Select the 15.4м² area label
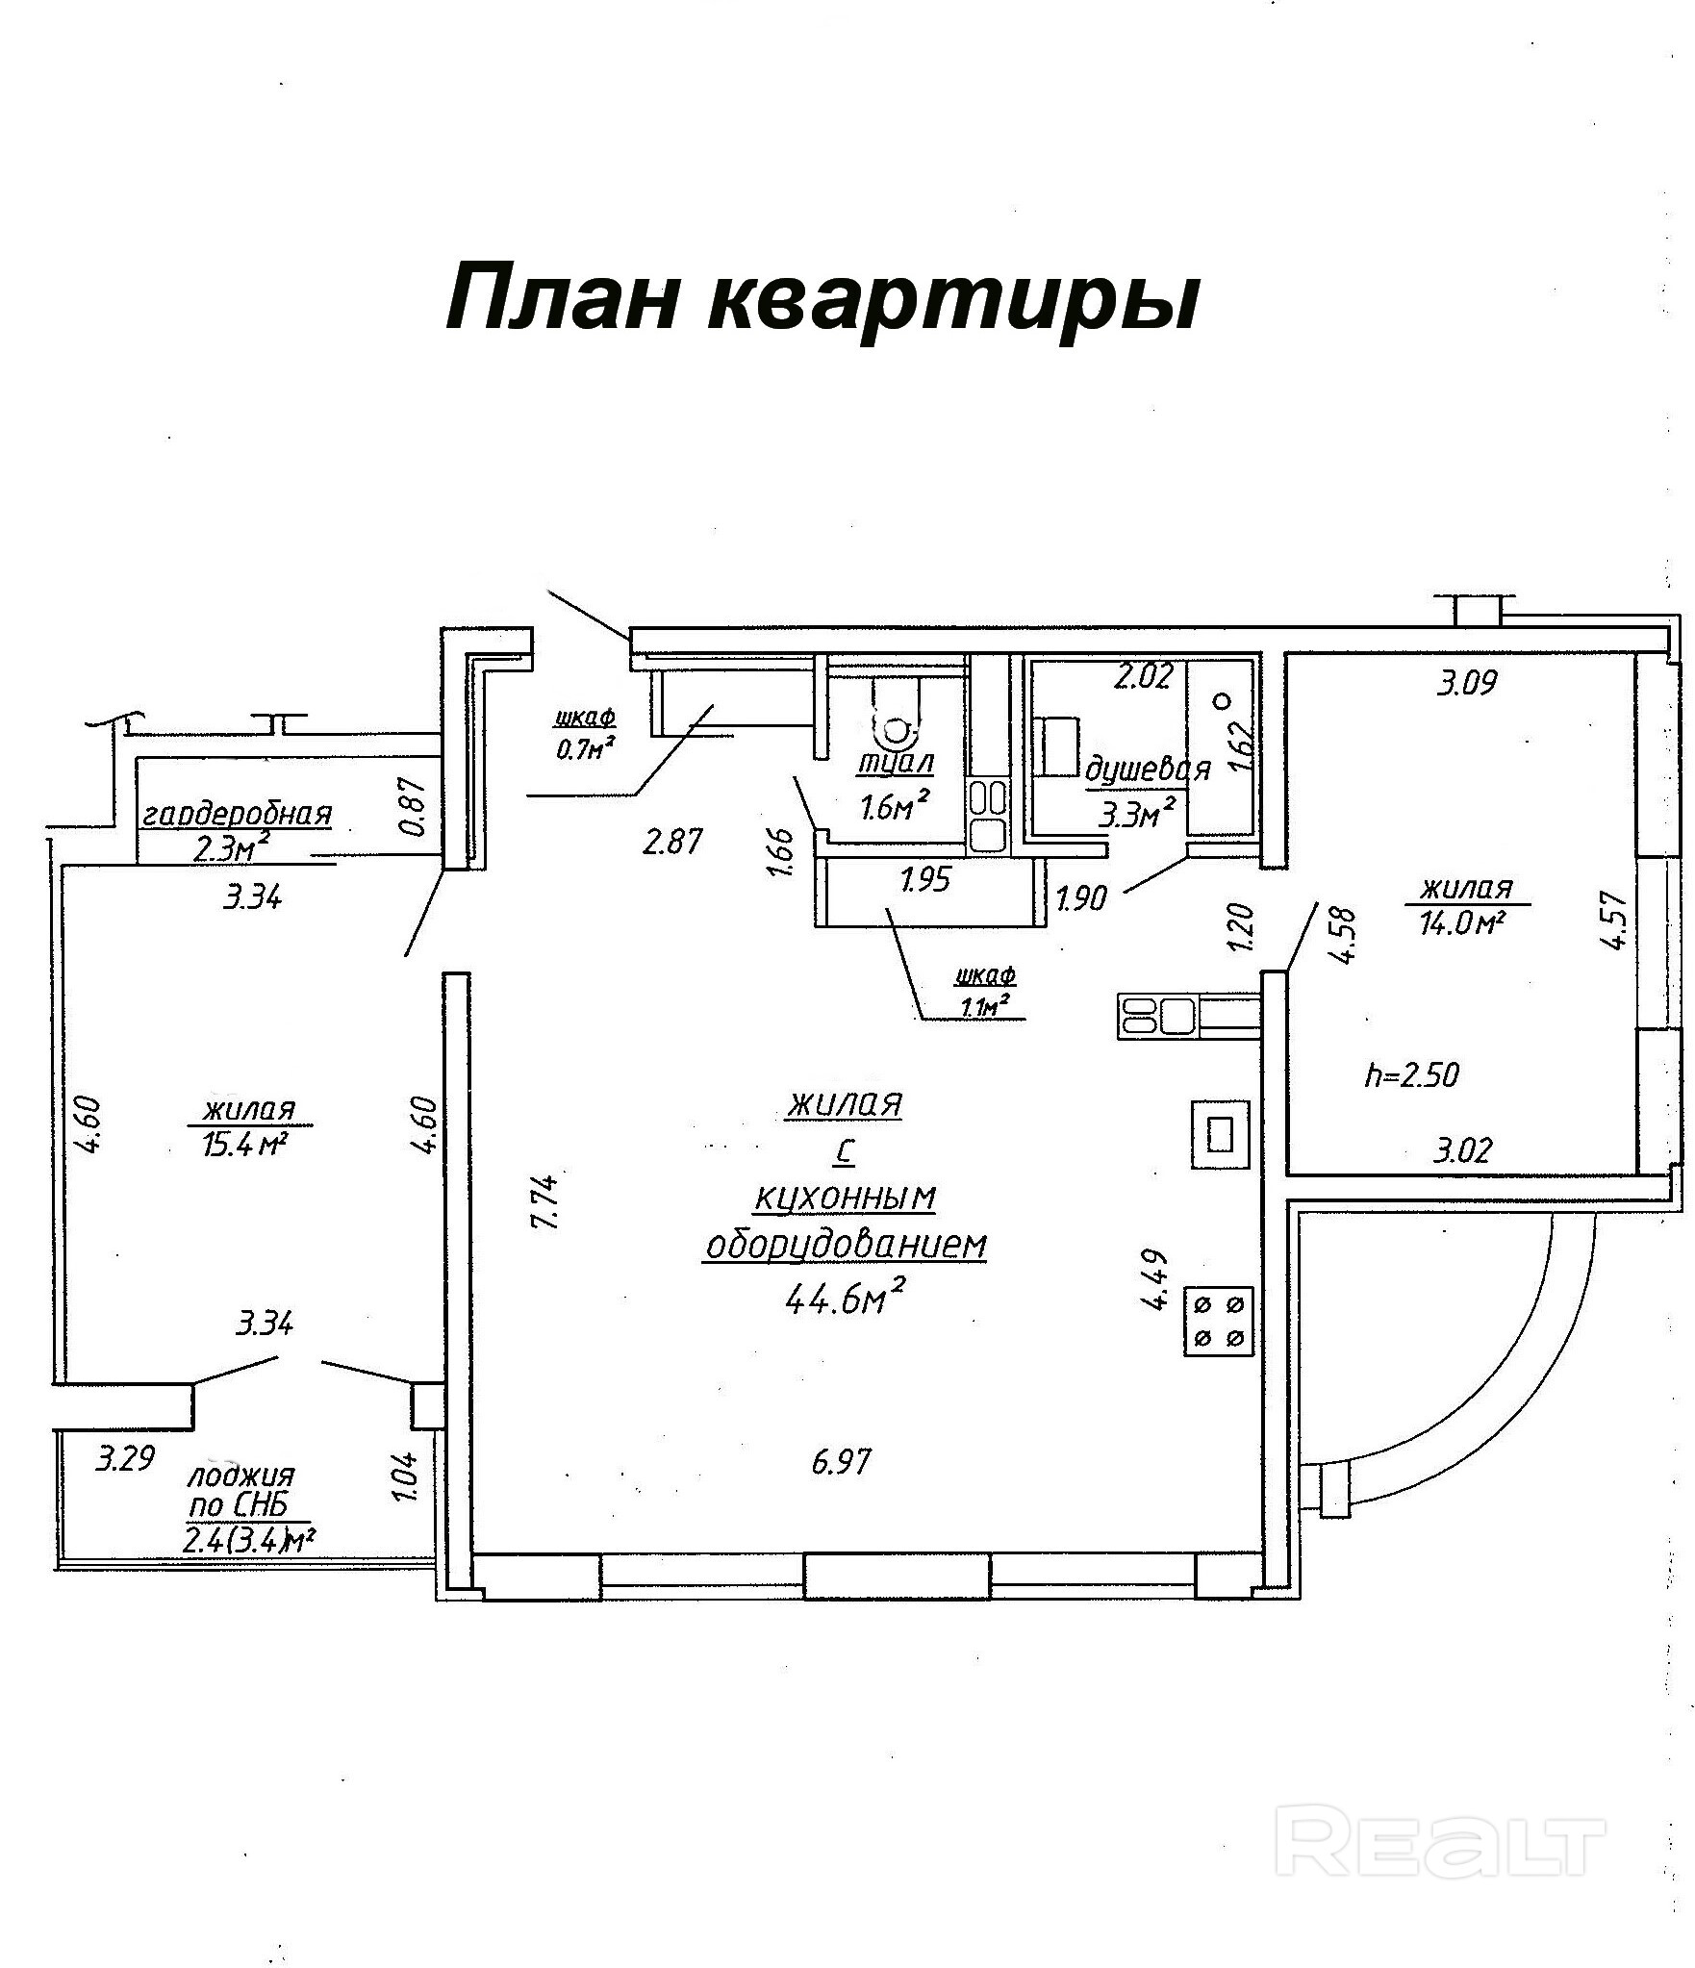[247, 1145]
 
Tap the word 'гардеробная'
[237, 816]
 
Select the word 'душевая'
[1147, 771]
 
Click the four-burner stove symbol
[1219, 1321]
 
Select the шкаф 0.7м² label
[585, 732]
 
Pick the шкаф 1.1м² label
[984, 990]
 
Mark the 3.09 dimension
[1467, 684]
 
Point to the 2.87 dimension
[674, 842]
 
